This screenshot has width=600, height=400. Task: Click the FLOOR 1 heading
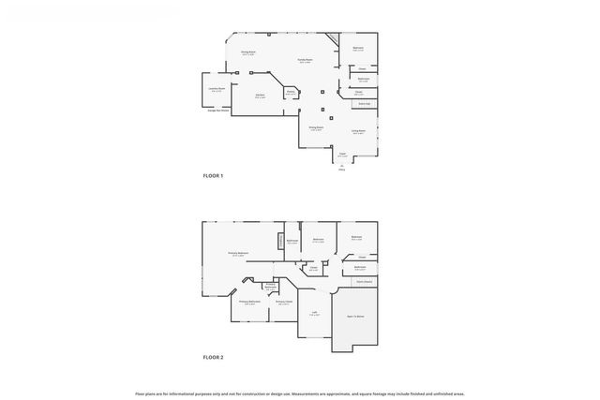(x=215, y=175)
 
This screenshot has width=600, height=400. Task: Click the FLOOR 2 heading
(x=215, y=357)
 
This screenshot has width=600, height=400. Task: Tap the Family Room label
(x=305, y=61)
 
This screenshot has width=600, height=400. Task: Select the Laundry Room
(x=217, y=91)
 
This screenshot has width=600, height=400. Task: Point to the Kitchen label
(x=260, y=96)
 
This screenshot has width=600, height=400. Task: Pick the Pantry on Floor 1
(x=291, y=92)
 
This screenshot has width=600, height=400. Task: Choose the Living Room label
(x=358, y=132)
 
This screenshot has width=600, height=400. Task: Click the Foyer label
(x=342, y=155)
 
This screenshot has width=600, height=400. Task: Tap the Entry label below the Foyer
(x=341, y=170)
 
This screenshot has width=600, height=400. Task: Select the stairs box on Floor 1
(x=363, y=103)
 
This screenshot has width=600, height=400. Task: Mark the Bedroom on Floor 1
(x=358, y=49)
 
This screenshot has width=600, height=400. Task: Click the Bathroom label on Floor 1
(x=363, y=79)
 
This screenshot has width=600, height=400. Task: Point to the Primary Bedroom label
(x=237, y=254)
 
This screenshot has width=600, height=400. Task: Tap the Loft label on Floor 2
(x=314, y=313)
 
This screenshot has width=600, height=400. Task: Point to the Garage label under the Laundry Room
(x=217, y=111)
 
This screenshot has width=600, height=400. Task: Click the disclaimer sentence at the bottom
(x=300, y=393)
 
